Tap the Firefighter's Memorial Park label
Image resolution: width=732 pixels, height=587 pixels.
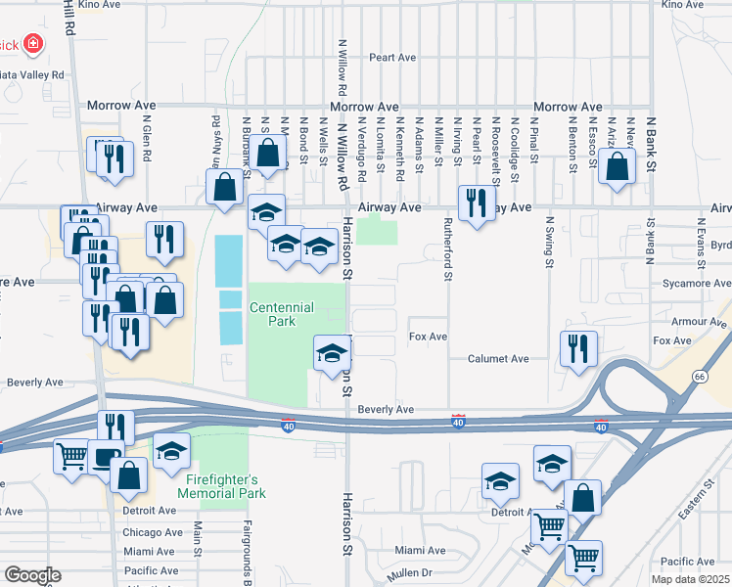(x=222, y=486)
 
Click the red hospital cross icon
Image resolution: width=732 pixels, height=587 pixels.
(x=33, y=44)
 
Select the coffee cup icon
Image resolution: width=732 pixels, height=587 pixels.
(x=106, y=457)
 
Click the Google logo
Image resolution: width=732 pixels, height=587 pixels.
(x=32, y=575)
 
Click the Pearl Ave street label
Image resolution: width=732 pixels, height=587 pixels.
(x=392, y=58)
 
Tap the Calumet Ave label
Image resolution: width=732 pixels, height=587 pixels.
(x=498, y=359)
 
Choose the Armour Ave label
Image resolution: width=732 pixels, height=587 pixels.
(x=695, y=321)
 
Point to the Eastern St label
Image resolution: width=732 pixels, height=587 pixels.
(x=698, y=505)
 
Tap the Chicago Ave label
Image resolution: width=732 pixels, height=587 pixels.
(x=154, y=533)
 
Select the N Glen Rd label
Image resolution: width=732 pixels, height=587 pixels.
(x=146, y=143)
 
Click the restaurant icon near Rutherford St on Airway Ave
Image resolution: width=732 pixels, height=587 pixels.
(x=474, y=203)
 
